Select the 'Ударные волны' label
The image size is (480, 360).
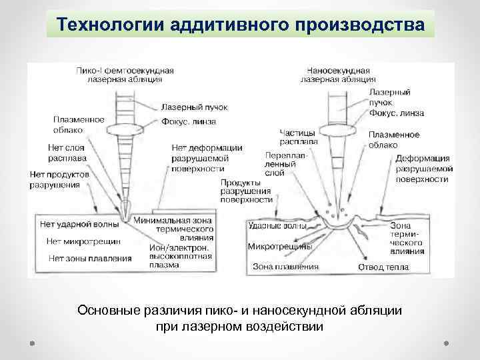[276, 227]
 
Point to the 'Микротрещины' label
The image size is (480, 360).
[280, 247]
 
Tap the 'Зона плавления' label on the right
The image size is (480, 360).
[286, 267]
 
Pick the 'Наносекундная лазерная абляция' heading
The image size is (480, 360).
[338, 74]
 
